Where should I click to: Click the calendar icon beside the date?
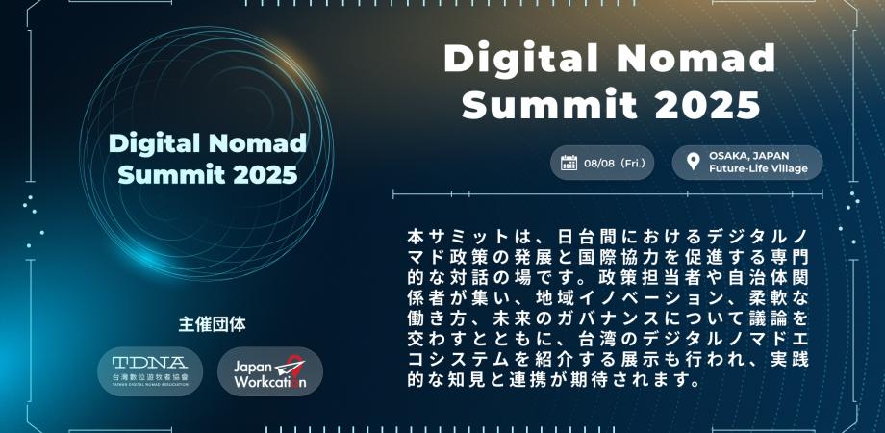pyautogui.click(x=569, y=163)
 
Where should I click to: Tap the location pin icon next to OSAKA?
pyautogui.click(x=694, y=162)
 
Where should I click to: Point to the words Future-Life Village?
pyautogui.click(x=758, y=168)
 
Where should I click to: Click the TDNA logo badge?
pyautogui.click(x=149, y=370)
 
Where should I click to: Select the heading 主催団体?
pyautogui.click(x=213, y=324)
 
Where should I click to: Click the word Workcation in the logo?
pyautogui.click(x=270, y=381)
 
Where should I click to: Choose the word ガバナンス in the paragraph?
pyautogui.click(x=575, y=318)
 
